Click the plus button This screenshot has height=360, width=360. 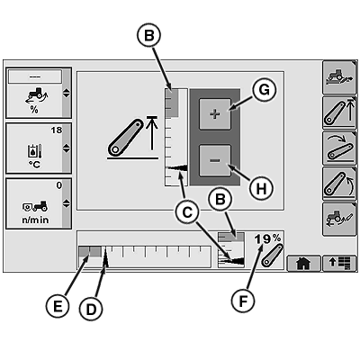215,114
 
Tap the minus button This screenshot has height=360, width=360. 215,160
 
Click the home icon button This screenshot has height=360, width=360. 303,263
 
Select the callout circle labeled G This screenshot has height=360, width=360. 264,90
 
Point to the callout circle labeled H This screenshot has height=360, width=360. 261,189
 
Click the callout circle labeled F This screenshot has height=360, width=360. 243,301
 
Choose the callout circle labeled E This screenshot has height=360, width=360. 58,307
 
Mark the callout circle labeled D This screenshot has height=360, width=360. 91,309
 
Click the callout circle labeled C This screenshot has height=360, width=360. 187,212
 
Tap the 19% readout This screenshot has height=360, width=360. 267,239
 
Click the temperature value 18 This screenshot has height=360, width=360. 56,130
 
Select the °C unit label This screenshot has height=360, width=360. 35,165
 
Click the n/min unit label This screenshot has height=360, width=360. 35,220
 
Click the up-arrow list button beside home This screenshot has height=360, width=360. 340,263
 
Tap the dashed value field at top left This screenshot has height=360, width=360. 35,76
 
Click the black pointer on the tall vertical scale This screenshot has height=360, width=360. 176,168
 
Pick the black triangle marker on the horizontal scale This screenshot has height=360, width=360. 105,257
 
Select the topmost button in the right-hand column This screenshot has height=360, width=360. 339,77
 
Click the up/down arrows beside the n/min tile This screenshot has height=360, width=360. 66,203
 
